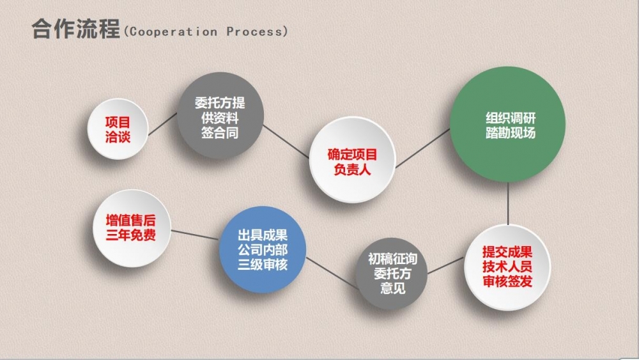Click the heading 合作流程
pyautogui.click(x=76, y=29)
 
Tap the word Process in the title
pyautogui.click(x=254, y=32)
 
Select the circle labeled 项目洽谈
pyautogui.click(x=118, y=129)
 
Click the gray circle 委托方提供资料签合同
pyautogui.click(x=220, y=115)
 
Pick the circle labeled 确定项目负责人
pyautogui.click(x=353, y=159)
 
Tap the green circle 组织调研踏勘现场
pyautogui.click(x=508, y=124)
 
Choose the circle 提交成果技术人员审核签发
pyautogui.click(x=507, y=267)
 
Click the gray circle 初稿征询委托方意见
pyautogui.click(x=392, y=273)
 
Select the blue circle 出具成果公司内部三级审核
pyautogui.click(x=263, y=249)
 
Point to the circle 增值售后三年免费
pyautogui.click(x=132, y=228)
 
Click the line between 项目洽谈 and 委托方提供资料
pyautogui.click(x=162, y=124)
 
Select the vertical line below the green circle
pyautogui.click(x=508, y=203)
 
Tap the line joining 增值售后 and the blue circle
pyautogui.click(x=195, y=235)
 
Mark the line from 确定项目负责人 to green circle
pyautogui.click(x=422, y=148)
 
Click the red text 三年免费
pyautogui.click(x=131, y=235)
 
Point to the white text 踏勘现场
pyautogui.click(x=510, y=133)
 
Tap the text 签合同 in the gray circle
pyautogui.click(x=220, y=133)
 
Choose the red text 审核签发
pyautogui.click(x=507, y=281)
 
